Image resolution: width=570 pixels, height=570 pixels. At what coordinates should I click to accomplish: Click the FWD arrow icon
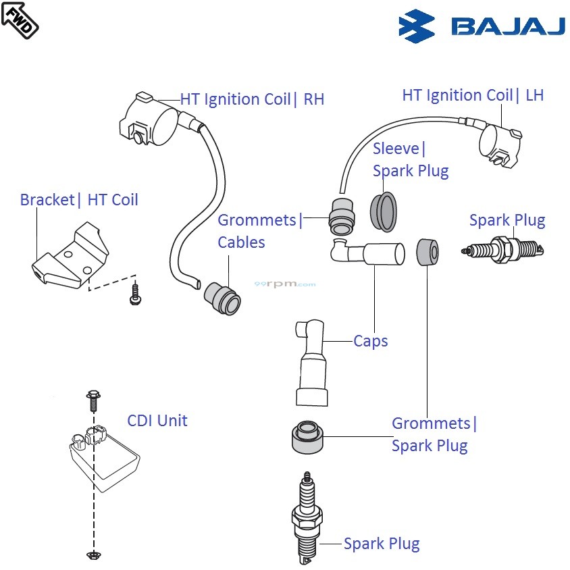(20, 20)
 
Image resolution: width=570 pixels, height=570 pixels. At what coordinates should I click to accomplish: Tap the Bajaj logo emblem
(417, 26)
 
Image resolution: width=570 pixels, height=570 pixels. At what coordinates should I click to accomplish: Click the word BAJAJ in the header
(508, 26)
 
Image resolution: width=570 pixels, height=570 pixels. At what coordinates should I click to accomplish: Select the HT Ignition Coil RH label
(252, 99)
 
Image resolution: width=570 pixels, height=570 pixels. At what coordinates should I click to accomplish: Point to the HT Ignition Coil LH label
(473, 95)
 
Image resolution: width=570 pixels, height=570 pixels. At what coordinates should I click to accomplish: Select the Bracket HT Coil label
(79, 200)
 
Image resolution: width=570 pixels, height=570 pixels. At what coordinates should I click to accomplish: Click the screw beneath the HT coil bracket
(135, 294)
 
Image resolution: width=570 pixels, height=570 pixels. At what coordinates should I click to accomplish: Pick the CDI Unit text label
(157, 421)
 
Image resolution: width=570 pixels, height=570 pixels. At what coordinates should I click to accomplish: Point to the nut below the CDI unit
(93, 555)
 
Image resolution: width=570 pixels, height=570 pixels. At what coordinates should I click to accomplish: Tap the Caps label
(371, 341)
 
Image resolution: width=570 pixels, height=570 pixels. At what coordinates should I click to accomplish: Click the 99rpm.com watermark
(285, 284)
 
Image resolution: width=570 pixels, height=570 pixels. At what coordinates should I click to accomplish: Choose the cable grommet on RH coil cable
(224, 298)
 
